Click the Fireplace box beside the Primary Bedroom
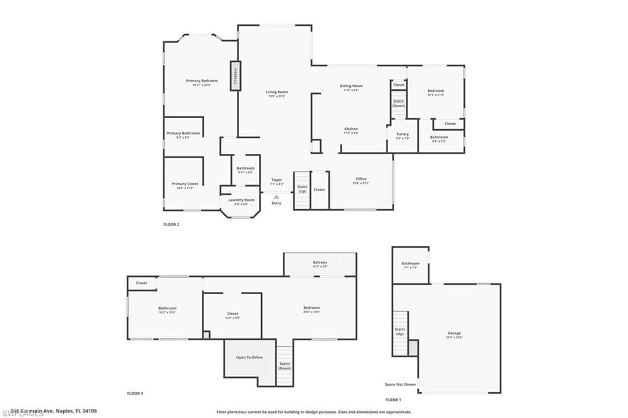[x=235, y=76]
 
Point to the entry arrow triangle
[x=277, y=197]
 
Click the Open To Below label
[x=250, y=357]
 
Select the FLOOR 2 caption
[x=171, y=224]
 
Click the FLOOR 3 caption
[x=135, y=393]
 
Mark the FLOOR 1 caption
[x=393, y=400]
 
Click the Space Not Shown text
[x=400, y=384]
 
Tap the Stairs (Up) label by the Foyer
[x=302, y=189]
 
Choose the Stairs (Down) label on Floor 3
[x=285, y=365]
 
